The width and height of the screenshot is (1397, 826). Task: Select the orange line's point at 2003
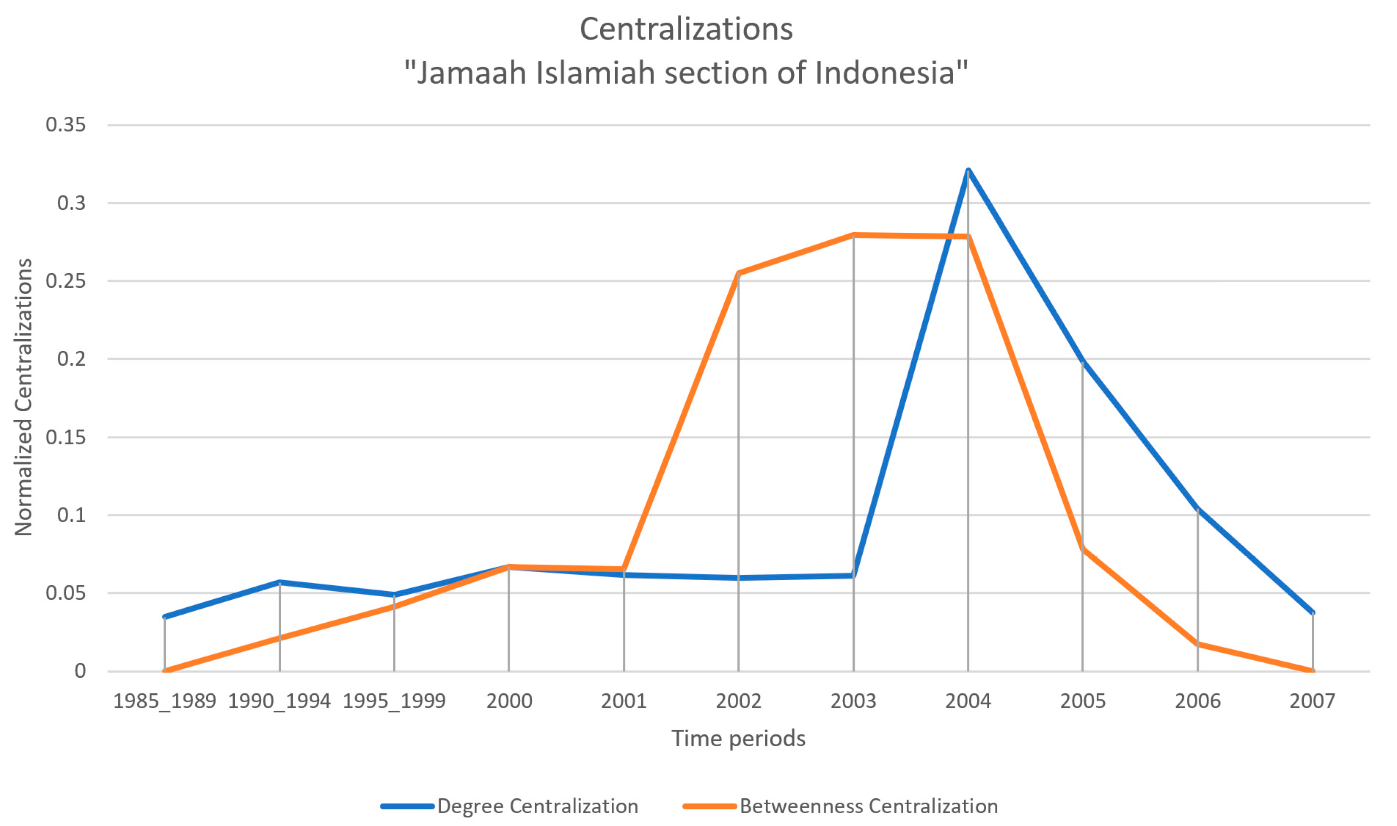(x=853, y=235)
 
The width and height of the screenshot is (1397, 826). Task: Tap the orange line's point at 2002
(x=738, y=273)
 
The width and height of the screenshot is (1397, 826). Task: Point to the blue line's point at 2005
(x=1083, y=362)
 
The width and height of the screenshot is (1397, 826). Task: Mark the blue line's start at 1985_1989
(x=165, y=617)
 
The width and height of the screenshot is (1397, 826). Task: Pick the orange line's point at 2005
(x=1083, y=549)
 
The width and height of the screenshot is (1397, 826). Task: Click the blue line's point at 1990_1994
(x=279, y=582)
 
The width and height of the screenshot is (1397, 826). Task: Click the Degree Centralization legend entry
(x=537, y=806)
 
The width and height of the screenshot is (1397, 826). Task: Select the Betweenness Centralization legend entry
(x=868, y=806)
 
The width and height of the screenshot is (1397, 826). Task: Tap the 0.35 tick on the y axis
(x=66, y=125)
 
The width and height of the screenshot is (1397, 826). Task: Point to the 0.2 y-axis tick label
(x=71, y=358)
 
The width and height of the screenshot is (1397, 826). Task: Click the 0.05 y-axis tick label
(x=66, y=593)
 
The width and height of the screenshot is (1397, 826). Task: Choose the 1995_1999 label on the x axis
(x=394, y=701)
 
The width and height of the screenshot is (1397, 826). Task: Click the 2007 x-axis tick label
(x=1313, y=701)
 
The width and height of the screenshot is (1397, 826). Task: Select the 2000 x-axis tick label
(x=509, y=701)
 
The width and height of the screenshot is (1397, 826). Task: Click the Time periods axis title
(x=738, y=739)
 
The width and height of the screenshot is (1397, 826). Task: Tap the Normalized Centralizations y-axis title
(x=23, y=397)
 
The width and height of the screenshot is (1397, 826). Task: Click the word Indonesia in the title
(x=884, y=73)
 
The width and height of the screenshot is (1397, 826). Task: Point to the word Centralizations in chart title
(x=686, y=29)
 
